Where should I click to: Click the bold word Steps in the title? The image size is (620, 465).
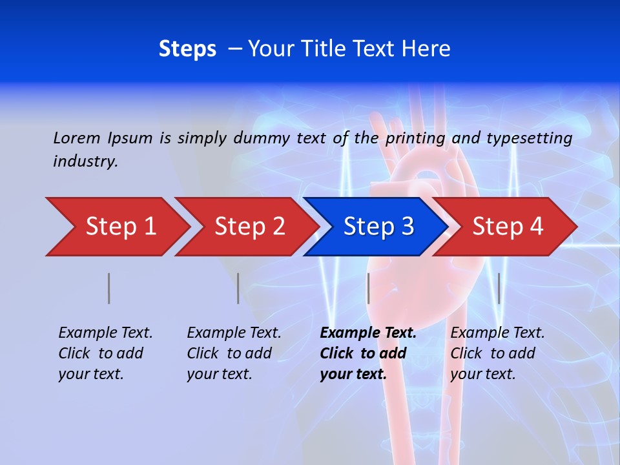(x=187, y=48)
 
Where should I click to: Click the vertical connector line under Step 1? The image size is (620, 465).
(x=109, y=288)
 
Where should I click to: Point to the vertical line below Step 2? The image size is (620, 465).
(x=238, y=288)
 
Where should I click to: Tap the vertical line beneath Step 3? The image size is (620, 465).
(x=369, y=288)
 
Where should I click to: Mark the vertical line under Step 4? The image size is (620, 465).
(x=499, y=288)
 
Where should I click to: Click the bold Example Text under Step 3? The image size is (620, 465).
(x=368, y=333)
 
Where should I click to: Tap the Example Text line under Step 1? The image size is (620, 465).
(x=105, y=333)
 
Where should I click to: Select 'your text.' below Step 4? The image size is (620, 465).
(x=482, y=374)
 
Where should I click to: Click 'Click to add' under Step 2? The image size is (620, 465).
(x=229, y=353)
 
